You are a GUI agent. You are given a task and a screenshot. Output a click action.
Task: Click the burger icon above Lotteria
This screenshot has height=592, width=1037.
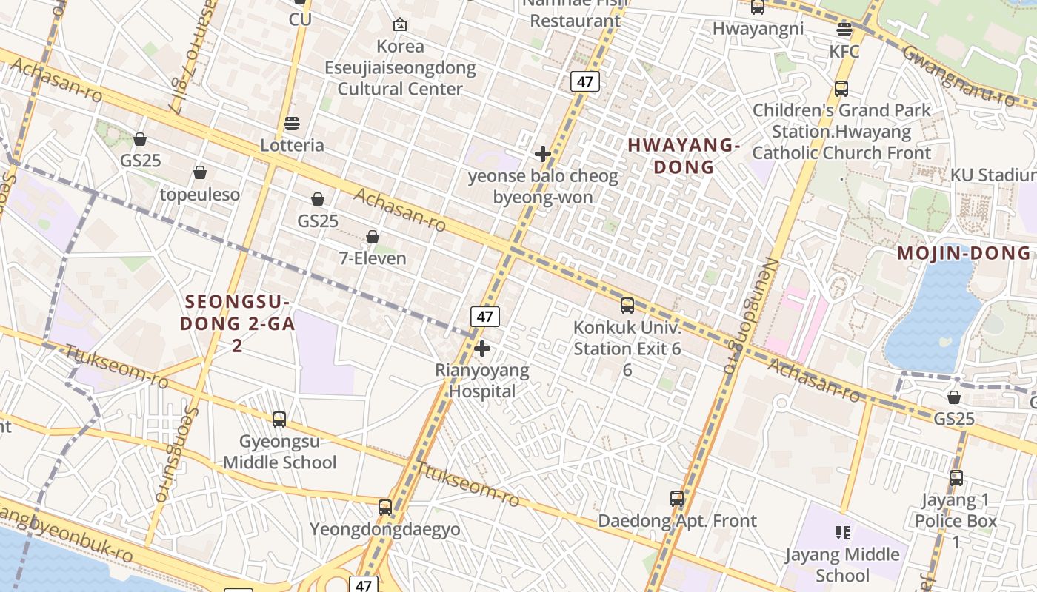tap(293, 123)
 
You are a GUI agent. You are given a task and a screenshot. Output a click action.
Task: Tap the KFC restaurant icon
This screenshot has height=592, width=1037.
tap(844, 30)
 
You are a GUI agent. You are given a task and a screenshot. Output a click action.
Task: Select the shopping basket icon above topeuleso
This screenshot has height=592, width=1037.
tap(200, 172)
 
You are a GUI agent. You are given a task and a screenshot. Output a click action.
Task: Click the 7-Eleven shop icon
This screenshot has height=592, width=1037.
tap(373, 237)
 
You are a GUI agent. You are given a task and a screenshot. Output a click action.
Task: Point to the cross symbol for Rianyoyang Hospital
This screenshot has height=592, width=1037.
tap(482, 348)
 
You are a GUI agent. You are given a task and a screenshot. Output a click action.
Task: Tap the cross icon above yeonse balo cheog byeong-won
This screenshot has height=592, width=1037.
tap(543, 154)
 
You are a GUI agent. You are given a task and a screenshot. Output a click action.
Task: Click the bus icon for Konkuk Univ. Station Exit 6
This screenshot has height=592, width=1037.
tap(627, 305)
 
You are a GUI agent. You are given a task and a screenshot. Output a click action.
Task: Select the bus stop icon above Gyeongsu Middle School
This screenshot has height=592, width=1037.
tap(279, 419)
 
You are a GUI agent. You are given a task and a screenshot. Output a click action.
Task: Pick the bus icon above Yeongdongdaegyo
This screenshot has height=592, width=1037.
tap(385, 508)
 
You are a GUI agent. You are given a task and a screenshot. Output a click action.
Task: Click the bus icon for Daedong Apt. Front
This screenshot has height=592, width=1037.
tap(677, 499)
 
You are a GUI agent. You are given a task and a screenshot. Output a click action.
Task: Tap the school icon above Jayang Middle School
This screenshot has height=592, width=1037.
tap(842, 532)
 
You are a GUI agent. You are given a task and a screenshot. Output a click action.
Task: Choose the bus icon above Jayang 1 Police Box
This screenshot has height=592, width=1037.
tap(956, 478)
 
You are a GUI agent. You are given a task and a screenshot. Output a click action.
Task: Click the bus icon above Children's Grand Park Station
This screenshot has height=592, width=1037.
tap(841, 89)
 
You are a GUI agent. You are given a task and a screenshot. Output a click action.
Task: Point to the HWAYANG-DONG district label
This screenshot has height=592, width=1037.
tap(684, 156)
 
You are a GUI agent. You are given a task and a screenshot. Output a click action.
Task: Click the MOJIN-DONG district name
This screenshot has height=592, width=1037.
tap(964, 253)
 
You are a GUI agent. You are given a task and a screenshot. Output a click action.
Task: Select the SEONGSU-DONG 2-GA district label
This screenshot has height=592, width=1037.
tap(237, 313)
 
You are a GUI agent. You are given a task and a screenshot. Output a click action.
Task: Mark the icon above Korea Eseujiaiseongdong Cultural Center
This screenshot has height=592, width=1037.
tap(400, 24)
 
